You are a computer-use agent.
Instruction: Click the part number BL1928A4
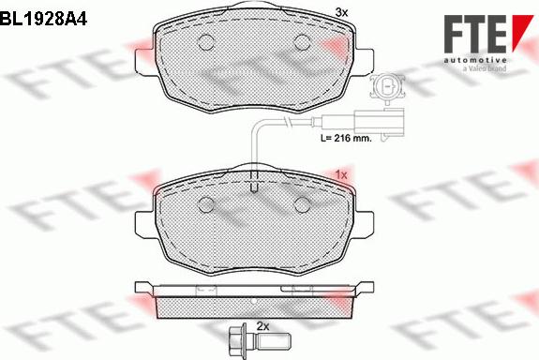[x=43, y=16]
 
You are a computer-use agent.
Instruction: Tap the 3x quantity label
[x=341, y=11]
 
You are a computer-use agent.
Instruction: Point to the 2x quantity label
[x=262, y=326]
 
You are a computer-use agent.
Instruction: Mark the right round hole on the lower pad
[x=303, y=206]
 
